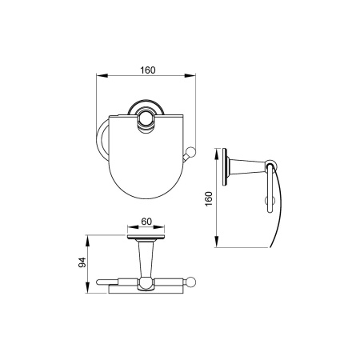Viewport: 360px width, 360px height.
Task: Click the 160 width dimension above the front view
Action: click(148, 70)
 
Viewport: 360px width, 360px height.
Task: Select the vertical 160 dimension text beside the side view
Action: click(209, 198)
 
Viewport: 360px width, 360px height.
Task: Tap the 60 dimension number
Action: click(146, 222)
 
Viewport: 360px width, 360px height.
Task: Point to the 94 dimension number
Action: click(82, 262)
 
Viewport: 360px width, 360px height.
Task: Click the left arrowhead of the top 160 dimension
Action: click(102, 76)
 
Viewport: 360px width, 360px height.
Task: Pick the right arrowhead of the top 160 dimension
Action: click(190, 76)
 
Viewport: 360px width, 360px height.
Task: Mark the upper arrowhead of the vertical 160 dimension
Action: click(217, 154)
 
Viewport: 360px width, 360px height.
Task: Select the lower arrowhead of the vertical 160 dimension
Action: click(217, 242)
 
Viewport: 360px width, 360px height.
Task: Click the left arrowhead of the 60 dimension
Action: click(133, 227)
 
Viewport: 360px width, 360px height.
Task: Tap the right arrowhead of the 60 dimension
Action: click(159, 227)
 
